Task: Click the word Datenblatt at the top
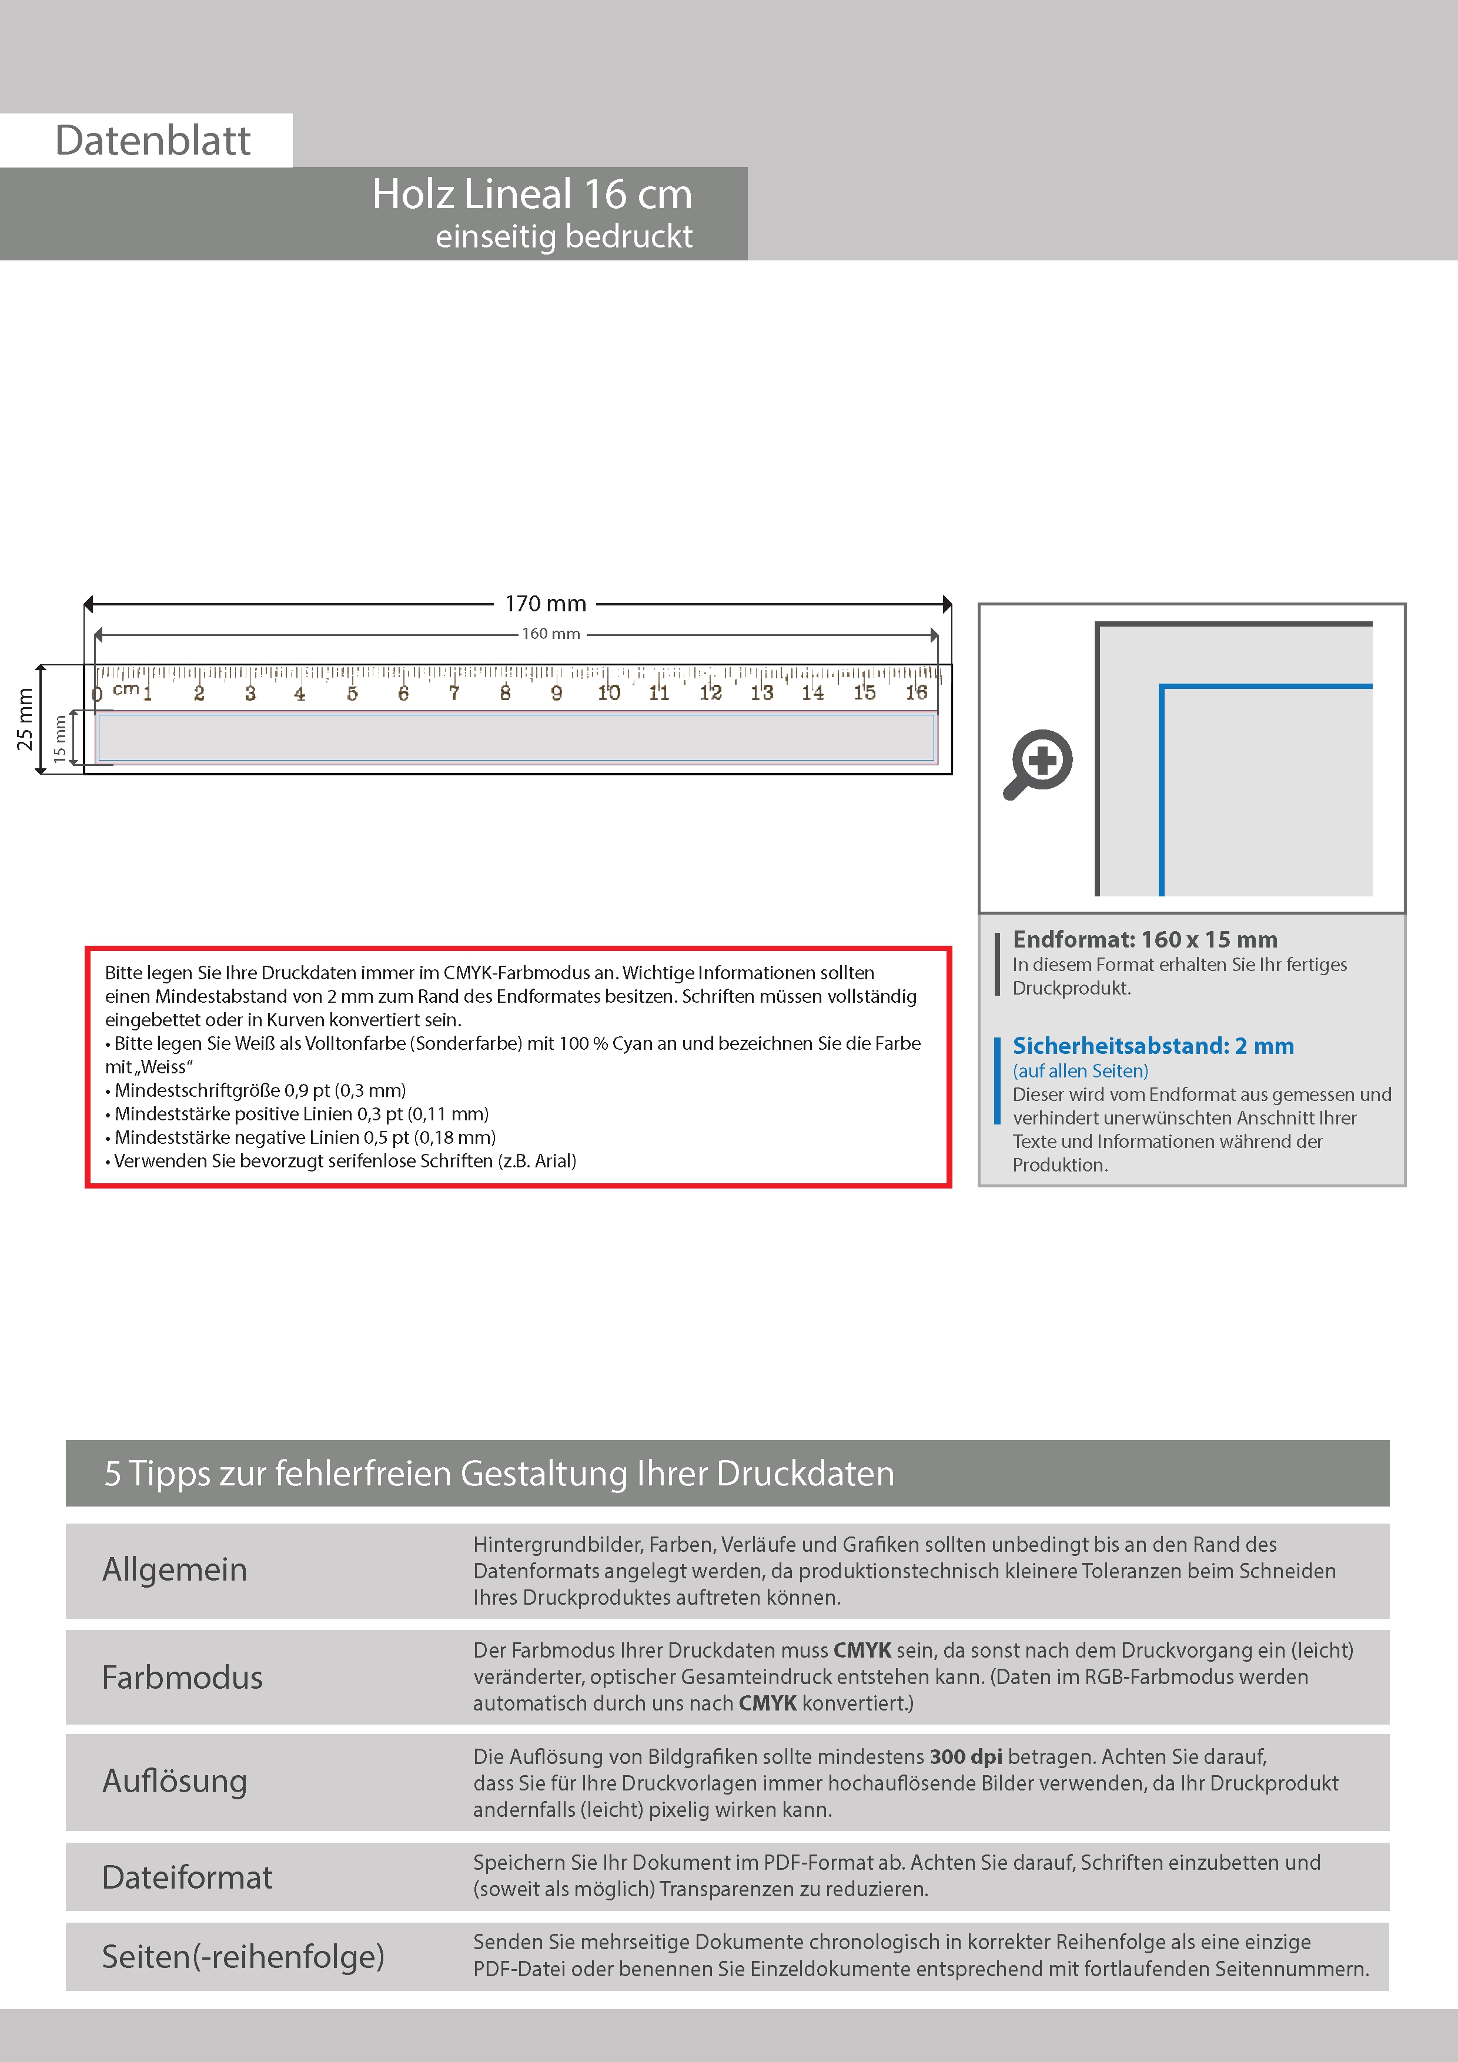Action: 153,141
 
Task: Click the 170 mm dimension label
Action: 546,604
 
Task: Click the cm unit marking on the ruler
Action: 126,689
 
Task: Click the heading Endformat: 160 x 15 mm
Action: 1145,939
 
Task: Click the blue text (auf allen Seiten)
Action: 1080,1070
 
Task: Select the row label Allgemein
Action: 174,1570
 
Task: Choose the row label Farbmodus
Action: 182,1678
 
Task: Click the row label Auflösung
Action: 174,1781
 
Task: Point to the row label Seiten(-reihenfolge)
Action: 243,1956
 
